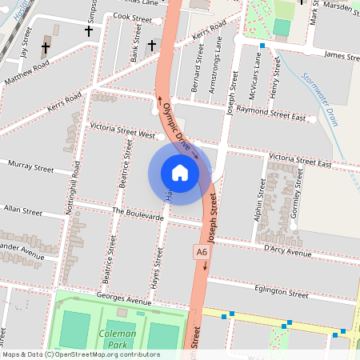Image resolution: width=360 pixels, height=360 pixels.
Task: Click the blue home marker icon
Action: coord(180,173)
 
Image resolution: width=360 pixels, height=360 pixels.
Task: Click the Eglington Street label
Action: coord(280,294)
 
